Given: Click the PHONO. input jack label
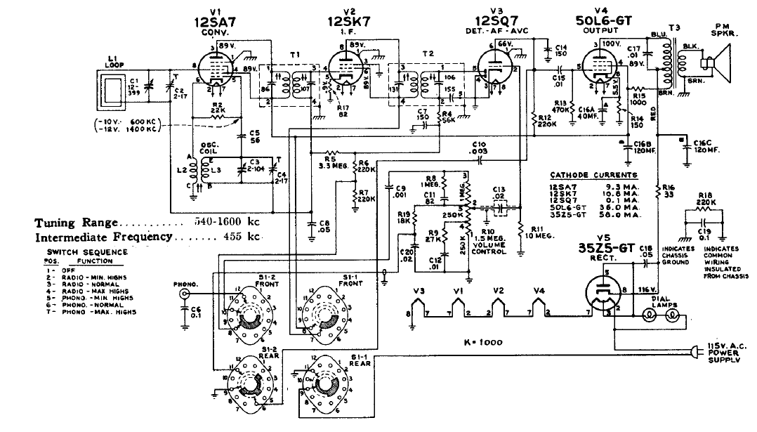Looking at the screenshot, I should (185, 284).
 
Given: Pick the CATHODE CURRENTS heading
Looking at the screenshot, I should (594, 175).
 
